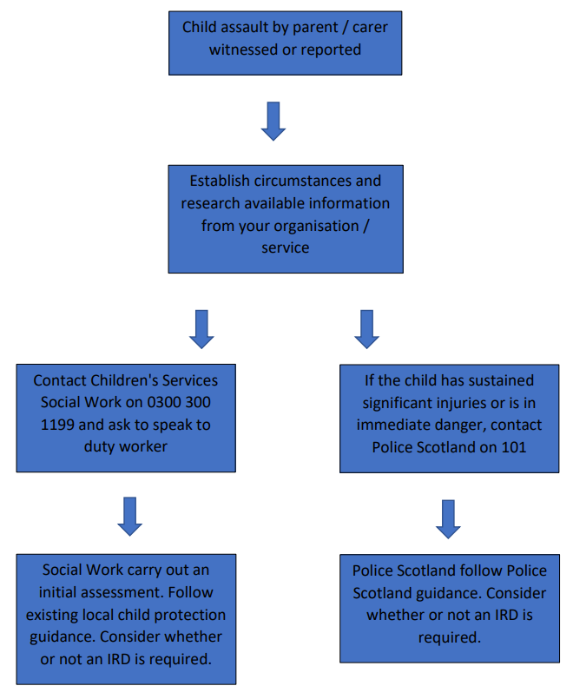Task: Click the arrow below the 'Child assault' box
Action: pyautogui.click(x=273, y=121)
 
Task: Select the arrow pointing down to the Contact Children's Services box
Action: pyautogui.click(x=201, y=329)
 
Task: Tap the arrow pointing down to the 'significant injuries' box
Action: pyautogui.click(x=366, y=329)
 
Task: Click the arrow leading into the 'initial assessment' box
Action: pyautogui.click(x=129, y=517)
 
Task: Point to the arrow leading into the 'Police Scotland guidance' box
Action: pyautogui.click(x=448, y=519)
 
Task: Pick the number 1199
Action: pyautogui.click(x=57, y=425)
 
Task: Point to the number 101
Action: pyautogui.click(x=514, y=447)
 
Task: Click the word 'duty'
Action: pyautogui.click(x=98, y=446)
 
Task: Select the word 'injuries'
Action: pyautogui.click(x=462, y=403)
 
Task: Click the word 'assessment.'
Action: pyautogui.click(x=103, y=592)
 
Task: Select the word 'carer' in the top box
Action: pyautogui.click(x=370, y=27)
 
